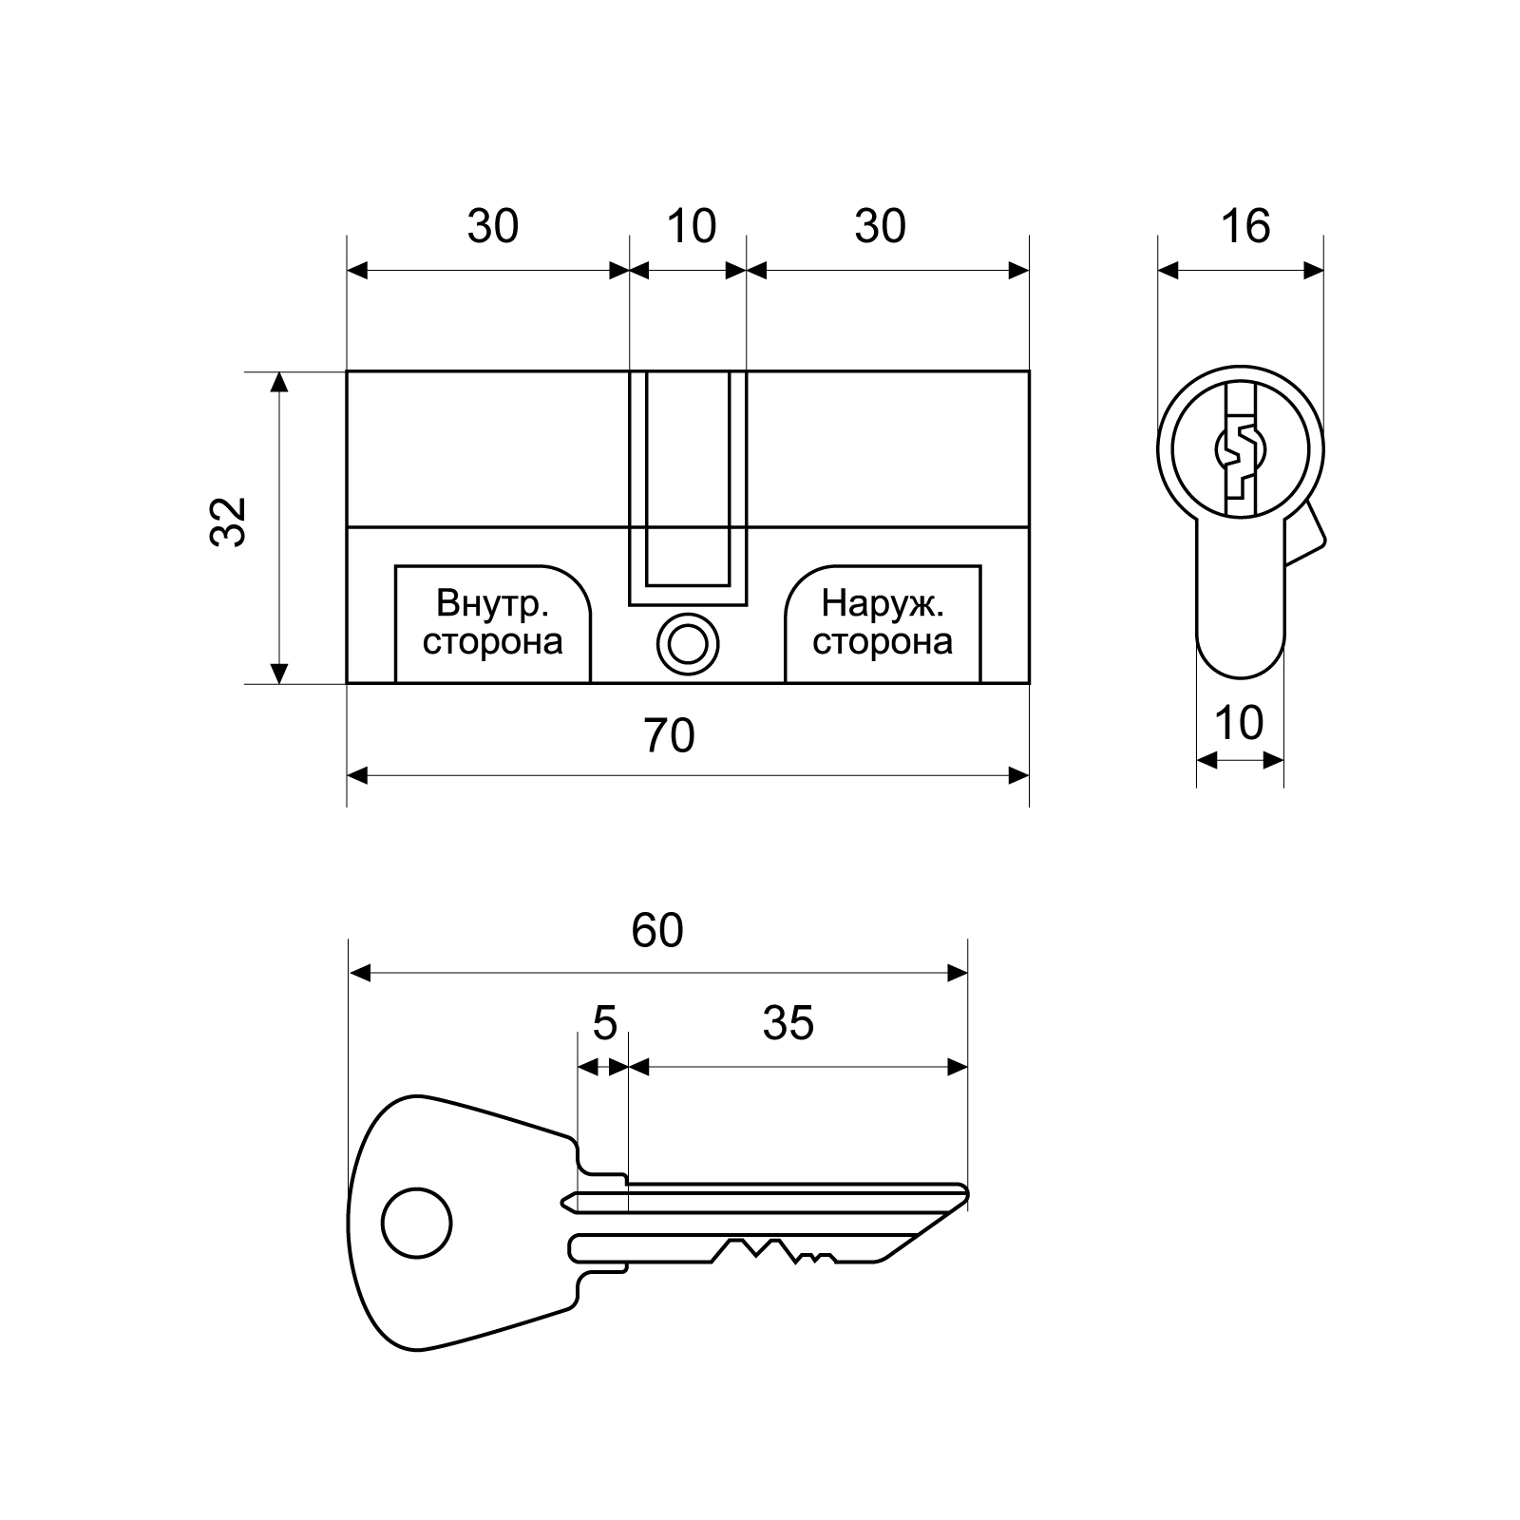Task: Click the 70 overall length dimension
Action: (670, 736)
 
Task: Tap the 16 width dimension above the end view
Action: (1244, 227)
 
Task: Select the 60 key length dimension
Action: (657, 931)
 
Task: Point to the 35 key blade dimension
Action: (788, 1023)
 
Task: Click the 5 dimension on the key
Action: (605, 1023)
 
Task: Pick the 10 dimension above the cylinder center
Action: (691, 227)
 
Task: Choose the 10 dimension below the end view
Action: (1239, 723)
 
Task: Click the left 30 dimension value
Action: (493, 227)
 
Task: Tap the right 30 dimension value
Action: (881, 227)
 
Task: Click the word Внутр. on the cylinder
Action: (491, 603)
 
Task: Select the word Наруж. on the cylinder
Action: (883, 603)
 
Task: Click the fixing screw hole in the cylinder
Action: (688, 644)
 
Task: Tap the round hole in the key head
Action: (416, 1223)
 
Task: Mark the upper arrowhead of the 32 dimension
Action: (278, 382)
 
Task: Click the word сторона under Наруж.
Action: (883, 642)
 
